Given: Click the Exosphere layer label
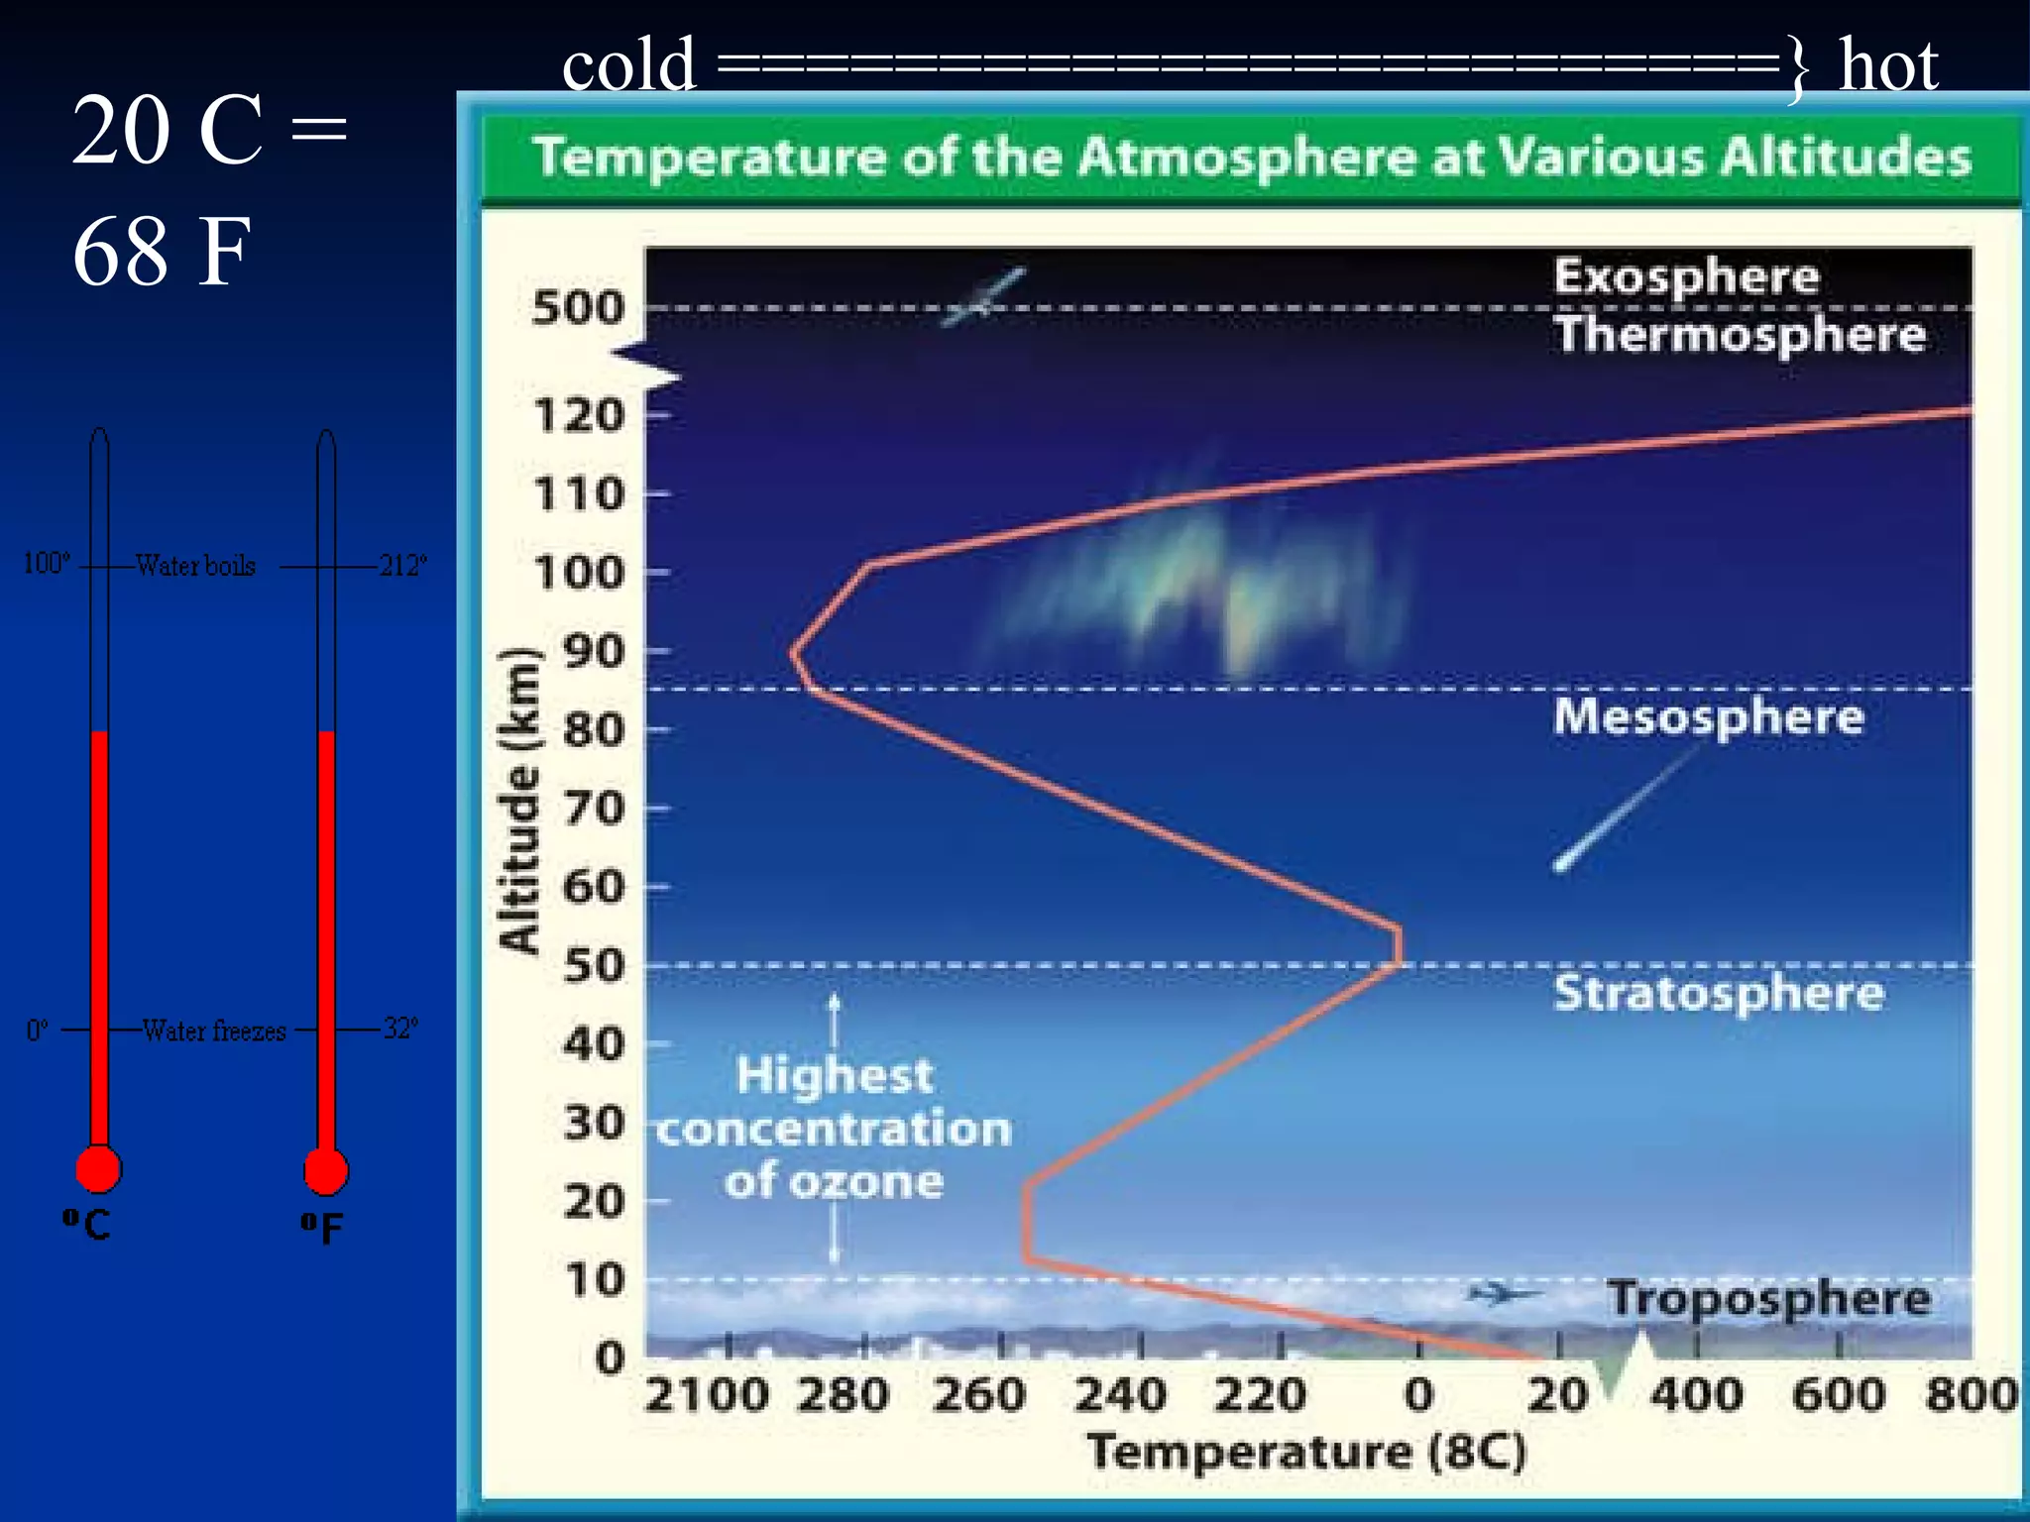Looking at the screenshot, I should tap(1686, 276).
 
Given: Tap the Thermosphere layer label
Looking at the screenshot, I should tap(1740, 335).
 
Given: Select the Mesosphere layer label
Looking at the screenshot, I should tap(1708, 715).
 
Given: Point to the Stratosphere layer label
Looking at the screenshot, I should tap(1718, 993).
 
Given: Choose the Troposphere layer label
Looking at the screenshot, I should tap(1768, 1298).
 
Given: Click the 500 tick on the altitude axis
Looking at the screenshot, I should tap(579, 308).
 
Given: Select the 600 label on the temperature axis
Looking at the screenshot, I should tap(1838, 1395).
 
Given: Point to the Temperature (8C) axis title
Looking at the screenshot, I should tap(1306, 1453).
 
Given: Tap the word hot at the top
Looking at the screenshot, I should tap(1887, 65).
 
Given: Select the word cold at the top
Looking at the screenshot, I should tap(629, 65).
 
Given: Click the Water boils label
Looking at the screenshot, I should tap(195, 565).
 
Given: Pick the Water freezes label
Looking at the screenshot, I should tap(213, 1031).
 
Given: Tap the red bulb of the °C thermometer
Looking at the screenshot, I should tap(98, 1169).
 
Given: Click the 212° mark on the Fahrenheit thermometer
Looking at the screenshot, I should tap(402, 565).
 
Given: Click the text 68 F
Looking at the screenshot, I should tap(162, 252).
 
